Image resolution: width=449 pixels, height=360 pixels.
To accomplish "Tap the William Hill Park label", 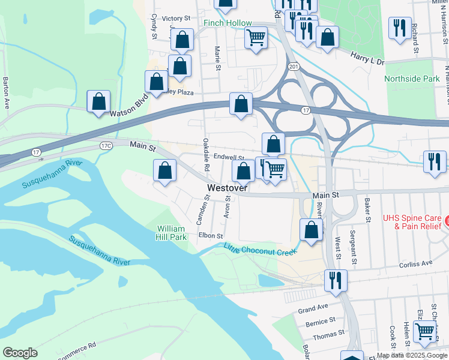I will click(172, 233).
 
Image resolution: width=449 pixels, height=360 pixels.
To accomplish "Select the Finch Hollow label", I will click(228, 23).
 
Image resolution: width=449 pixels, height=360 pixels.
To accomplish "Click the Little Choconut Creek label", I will click(261, 250).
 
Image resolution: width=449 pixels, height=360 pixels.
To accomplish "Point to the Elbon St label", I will click(211, 236).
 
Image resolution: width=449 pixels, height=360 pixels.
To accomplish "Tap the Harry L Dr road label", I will click(367, 59).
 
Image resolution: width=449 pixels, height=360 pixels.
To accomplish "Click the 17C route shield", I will click(106, 146).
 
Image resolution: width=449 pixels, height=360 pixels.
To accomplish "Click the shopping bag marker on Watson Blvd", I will click(98, 102).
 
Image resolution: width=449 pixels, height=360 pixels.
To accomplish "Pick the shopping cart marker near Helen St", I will click(424, 330).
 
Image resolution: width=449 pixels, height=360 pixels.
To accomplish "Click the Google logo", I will click(20, 353).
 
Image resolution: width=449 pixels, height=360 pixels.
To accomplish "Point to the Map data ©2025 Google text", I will click(412, 355).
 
